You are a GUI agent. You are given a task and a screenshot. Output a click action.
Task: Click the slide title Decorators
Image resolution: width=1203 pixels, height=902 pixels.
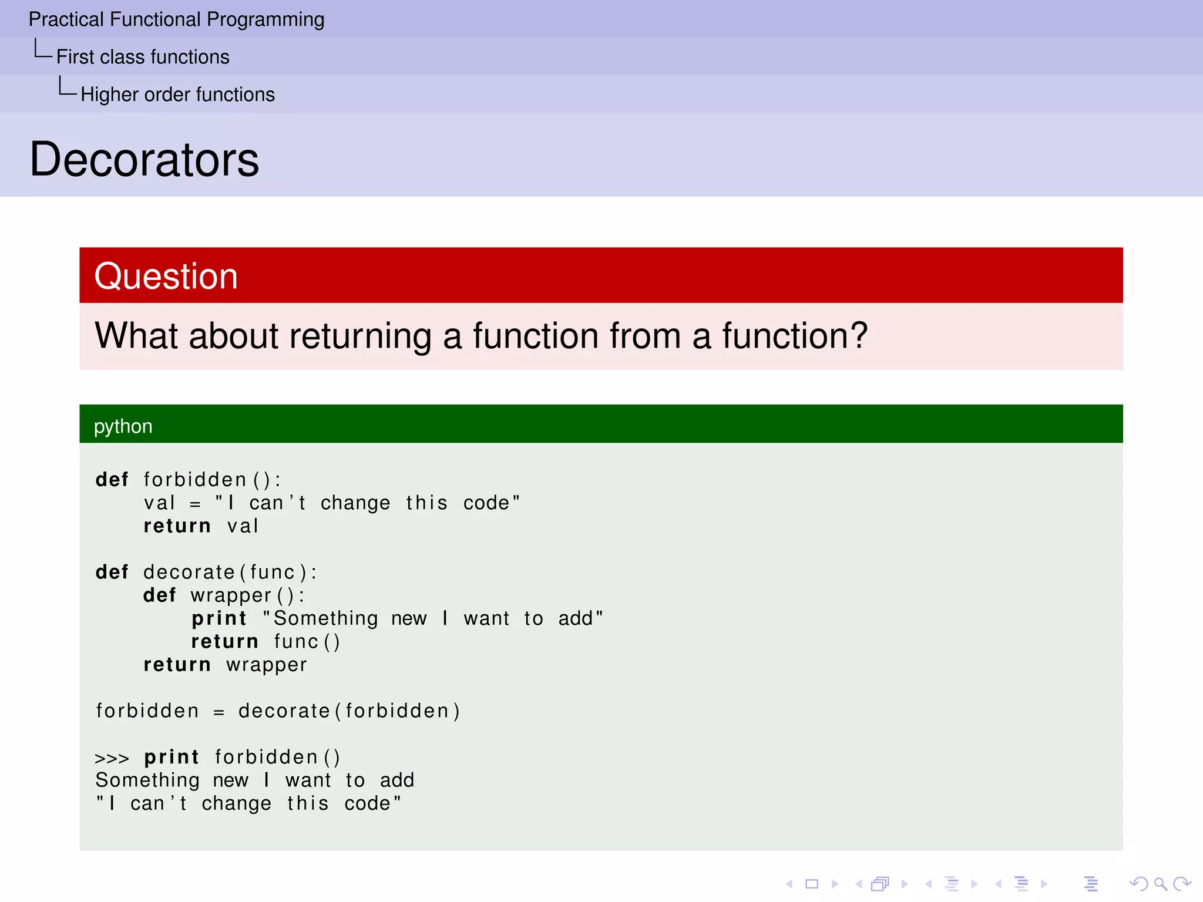[144, 160]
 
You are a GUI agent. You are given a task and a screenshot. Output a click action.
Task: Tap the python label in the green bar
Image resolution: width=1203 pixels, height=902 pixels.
[123, 426]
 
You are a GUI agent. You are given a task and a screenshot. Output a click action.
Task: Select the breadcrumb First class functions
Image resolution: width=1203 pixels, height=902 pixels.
[143, 57]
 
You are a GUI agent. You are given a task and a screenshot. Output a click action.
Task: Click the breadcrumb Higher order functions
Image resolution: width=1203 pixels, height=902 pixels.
[177, 95]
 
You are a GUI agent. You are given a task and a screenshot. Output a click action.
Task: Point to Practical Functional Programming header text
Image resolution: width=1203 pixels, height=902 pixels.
[176, 19]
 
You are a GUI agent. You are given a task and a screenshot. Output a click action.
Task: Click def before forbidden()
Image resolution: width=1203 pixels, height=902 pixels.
[112, 480]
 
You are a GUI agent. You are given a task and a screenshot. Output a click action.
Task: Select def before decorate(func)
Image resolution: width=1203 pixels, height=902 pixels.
[112, 572]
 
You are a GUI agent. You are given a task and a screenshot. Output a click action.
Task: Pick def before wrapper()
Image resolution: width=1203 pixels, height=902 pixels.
[159, 595]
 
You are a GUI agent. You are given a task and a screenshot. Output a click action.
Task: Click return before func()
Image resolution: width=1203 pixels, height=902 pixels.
[224, 641]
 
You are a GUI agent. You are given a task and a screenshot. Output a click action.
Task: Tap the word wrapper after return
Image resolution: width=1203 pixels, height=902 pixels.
[267, 665]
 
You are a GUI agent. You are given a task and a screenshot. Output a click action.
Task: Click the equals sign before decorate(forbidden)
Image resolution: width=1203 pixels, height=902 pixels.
[219, 712]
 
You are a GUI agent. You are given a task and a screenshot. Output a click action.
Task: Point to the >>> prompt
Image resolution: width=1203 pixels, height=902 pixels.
[112, 758]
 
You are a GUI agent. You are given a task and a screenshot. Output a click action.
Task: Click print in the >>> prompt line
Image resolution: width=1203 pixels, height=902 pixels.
[172, 758]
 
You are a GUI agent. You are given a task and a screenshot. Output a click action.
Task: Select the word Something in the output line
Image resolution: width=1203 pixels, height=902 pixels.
[147, 780]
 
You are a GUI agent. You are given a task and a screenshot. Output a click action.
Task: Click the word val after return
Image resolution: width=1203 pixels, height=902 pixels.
[243, 526]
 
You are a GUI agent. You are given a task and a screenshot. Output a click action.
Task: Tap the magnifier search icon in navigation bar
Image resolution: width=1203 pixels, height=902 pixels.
[1160, 884]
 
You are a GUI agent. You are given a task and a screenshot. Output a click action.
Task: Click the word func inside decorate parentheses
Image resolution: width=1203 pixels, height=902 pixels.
[272, 573]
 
